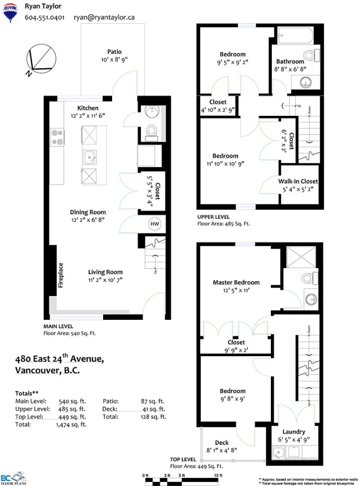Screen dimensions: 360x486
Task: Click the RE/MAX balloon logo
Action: tap(10, 12)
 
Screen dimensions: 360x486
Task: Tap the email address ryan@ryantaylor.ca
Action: tap(104, 17)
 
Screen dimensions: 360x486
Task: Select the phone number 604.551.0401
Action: tap(45, 17)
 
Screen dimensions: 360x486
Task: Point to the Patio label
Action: tap(115, 51)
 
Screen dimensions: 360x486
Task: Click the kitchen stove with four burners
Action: tap(57, 138)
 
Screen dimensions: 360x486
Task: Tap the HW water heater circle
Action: tap(154, 224)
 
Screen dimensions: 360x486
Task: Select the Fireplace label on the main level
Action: tap(61, 275)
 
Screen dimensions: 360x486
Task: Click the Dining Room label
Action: tap(88, 212)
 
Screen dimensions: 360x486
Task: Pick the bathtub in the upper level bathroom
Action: tap(295, 36)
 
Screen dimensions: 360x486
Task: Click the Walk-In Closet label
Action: tap(298, 182)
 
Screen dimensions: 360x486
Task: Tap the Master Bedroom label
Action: tap(236, 283)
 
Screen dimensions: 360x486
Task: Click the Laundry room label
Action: tap(294, 431)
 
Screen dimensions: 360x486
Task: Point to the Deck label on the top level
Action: tap(222, 443)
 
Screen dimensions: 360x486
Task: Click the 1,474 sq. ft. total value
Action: tap(71, 425)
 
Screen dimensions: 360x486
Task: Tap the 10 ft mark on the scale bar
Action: tap(219, 476)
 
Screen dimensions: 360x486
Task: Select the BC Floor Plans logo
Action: tap(13, 478)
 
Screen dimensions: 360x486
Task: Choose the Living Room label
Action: tap(105, 272)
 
